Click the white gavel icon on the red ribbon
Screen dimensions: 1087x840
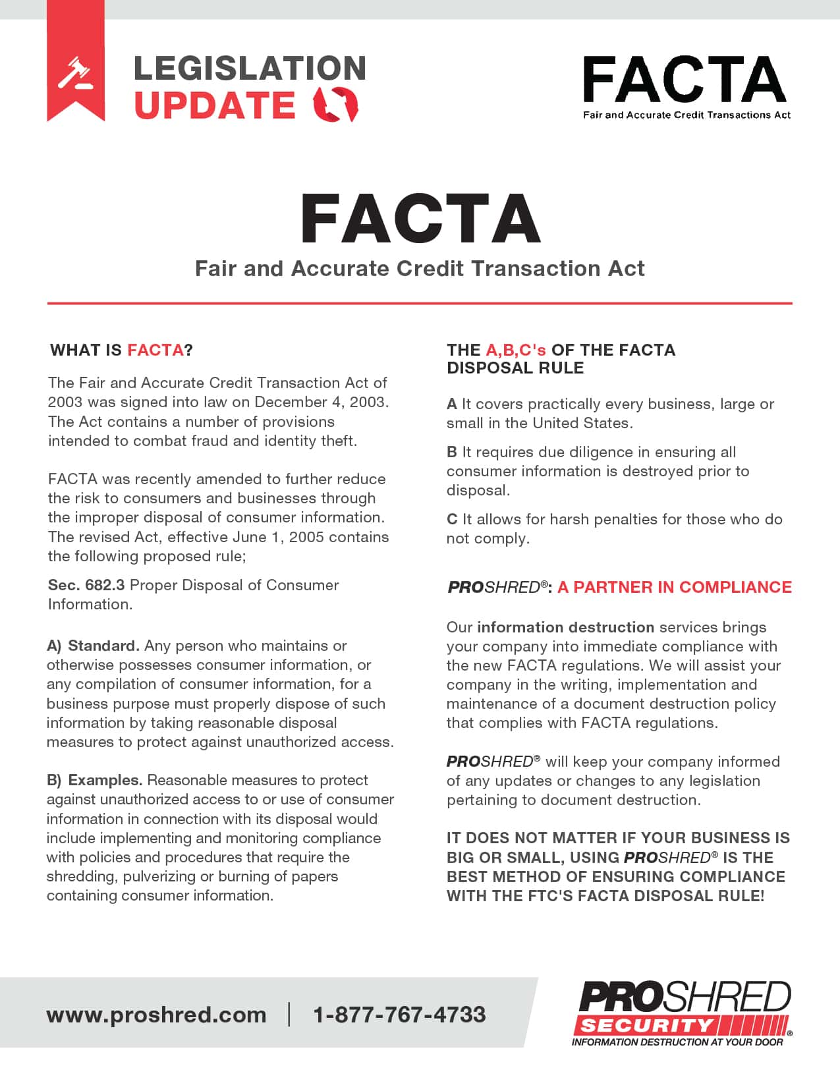tap(75, 73)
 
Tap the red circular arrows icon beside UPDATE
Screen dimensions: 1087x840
tap(335, 104)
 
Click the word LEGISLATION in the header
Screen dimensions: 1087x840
tap(250, 68)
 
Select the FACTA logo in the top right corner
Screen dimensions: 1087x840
tap(685, 86)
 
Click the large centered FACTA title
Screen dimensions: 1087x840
tap(420, 219)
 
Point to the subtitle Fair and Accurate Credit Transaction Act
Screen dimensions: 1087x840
tap(420, 269)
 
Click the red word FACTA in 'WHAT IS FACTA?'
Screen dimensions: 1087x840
tap(155, 350)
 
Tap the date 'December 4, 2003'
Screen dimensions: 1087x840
tap(321, 402)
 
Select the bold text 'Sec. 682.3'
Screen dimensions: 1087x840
tap(86, 585)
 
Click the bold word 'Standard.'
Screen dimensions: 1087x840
tap(103, 646)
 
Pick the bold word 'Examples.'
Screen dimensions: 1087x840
tap(105, 780)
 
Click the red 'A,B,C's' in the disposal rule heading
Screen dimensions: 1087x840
tap(516, 350)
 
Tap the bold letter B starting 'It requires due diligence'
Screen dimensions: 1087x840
tap(452, 452)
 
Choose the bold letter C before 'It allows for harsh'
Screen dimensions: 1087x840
tap(452, 519)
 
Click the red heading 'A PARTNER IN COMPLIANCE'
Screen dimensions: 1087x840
tap(674, 587)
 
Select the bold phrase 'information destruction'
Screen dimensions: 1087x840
tap(565, 627)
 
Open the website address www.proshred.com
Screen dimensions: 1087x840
tap(156, 1015)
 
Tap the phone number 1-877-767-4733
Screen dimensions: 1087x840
tap(399, 1015)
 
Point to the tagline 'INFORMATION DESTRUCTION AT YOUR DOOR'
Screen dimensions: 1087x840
tap(677, 1042)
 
